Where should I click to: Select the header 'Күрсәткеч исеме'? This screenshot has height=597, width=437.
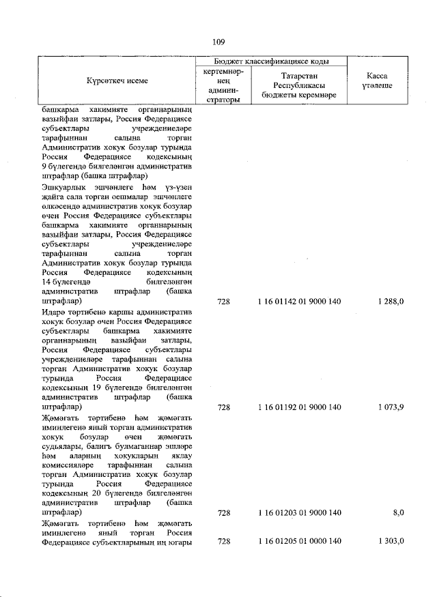(117, 81)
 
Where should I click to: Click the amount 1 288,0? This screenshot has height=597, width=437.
(391, 301)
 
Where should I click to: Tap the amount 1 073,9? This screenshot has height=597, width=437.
(391, 407)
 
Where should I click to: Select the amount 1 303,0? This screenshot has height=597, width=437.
(391, 541)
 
